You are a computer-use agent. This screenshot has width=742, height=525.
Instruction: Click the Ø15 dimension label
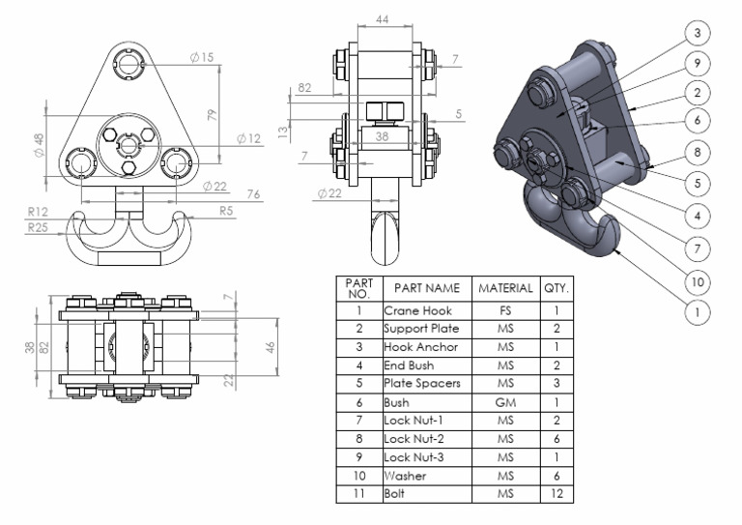(202, 58)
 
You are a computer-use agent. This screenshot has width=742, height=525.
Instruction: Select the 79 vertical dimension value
(213, 113)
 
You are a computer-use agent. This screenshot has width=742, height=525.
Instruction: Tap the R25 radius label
(39, 228)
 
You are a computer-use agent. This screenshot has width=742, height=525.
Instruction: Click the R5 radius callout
(225, 210)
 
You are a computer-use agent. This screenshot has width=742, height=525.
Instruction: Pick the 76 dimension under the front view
(253, 195)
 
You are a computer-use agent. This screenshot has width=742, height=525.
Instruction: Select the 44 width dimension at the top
(382, 19)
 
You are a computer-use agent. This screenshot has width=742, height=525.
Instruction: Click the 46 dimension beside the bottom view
(272, 345)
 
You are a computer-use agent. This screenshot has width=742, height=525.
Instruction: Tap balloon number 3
(696, 33)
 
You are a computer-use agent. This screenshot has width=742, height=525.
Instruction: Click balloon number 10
(696, 281)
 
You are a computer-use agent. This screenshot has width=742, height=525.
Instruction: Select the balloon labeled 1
(696, 312)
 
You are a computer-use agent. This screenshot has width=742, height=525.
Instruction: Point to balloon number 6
(696, 120)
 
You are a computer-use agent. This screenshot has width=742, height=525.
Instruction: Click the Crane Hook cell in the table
(416, 311)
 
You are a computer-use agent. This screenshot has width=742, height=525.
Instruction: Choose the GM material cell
(505, 403)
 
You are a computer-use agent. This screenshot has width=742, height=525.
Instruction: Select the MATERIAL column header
(505, 288)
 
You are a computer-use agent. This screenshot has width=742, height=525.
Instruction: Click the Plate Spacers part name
(422, 385)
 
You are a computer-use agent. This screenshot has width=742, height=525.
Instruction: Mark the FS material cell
(505, 311)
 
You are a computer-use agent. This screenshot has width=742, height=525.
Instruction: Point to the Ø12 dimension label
(249, 139)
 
